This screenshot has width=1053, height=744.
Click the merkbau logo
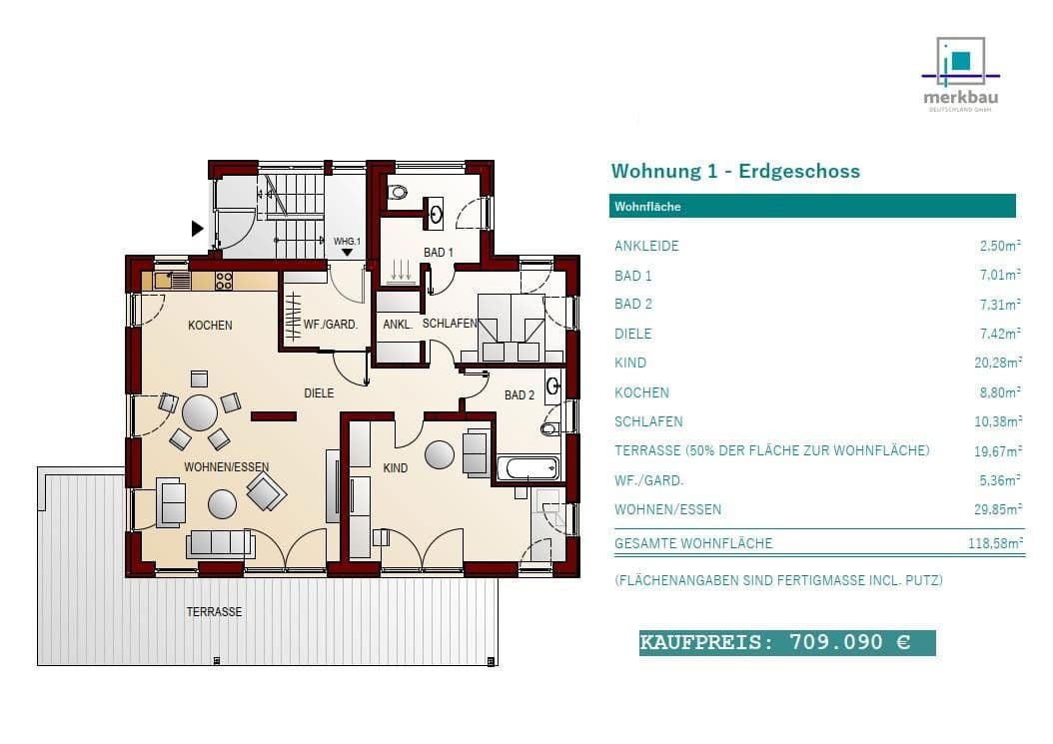pos(960,76)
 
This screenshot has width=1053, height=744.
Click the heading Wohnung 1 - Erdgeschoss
pos(735,171)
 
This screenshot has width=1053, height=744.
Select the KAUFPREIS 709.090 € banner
pos(787,642)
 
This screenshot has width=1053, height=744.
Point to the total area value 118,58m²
pos(1002,543)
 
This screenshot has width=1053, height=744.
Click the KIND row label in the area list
pos(630,363)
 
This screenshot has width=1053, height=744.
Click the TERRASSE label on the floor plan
pos(214,611)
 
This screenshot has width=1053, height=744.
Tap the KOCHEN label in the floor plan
pos(210,325)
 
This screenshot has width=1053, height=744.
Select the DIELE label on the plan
pos(319,393)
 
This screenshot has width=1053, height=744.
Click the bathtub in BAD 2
pos(528,467)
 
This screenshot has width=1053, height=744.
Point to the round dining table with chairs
pos(200,411)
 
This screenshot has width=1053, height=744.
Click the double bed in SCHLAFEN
pos(511,328)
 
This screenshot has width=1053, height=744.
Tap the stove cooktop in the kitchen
pos(224,281)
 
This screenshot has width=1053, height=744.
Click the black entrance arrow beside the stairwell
pos(197,229)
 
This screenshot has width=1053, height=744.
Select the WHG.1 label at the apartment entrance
pos(346,241)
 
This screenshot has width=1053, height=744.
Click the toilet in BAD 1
pos(399,193)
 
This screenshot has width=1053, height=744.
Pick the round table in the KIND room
pos(440,454)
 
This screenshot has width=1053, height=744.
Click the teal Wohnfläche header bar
pos(812,207)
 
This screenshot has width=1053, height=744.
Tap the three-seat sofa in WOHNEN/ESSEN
pos(220,543)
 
